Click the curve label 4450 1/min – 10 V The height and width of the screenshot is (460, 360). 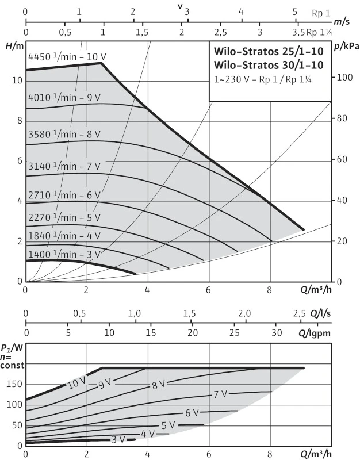click(x=67, y=57)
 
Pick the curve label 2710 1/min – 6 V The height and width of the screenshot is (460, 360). click(x=64, y=195)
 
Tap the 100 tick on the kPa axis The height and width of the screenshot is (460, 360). click(x=343, y=77)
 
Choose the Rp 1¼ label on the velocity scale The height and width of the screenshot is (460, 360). click(x=319, y=32)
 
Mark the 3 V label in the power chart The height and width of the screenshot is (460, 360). click(x=118, y=440)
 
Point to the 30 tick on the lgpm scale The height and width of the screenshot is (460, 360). click(x=277, y=333)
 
